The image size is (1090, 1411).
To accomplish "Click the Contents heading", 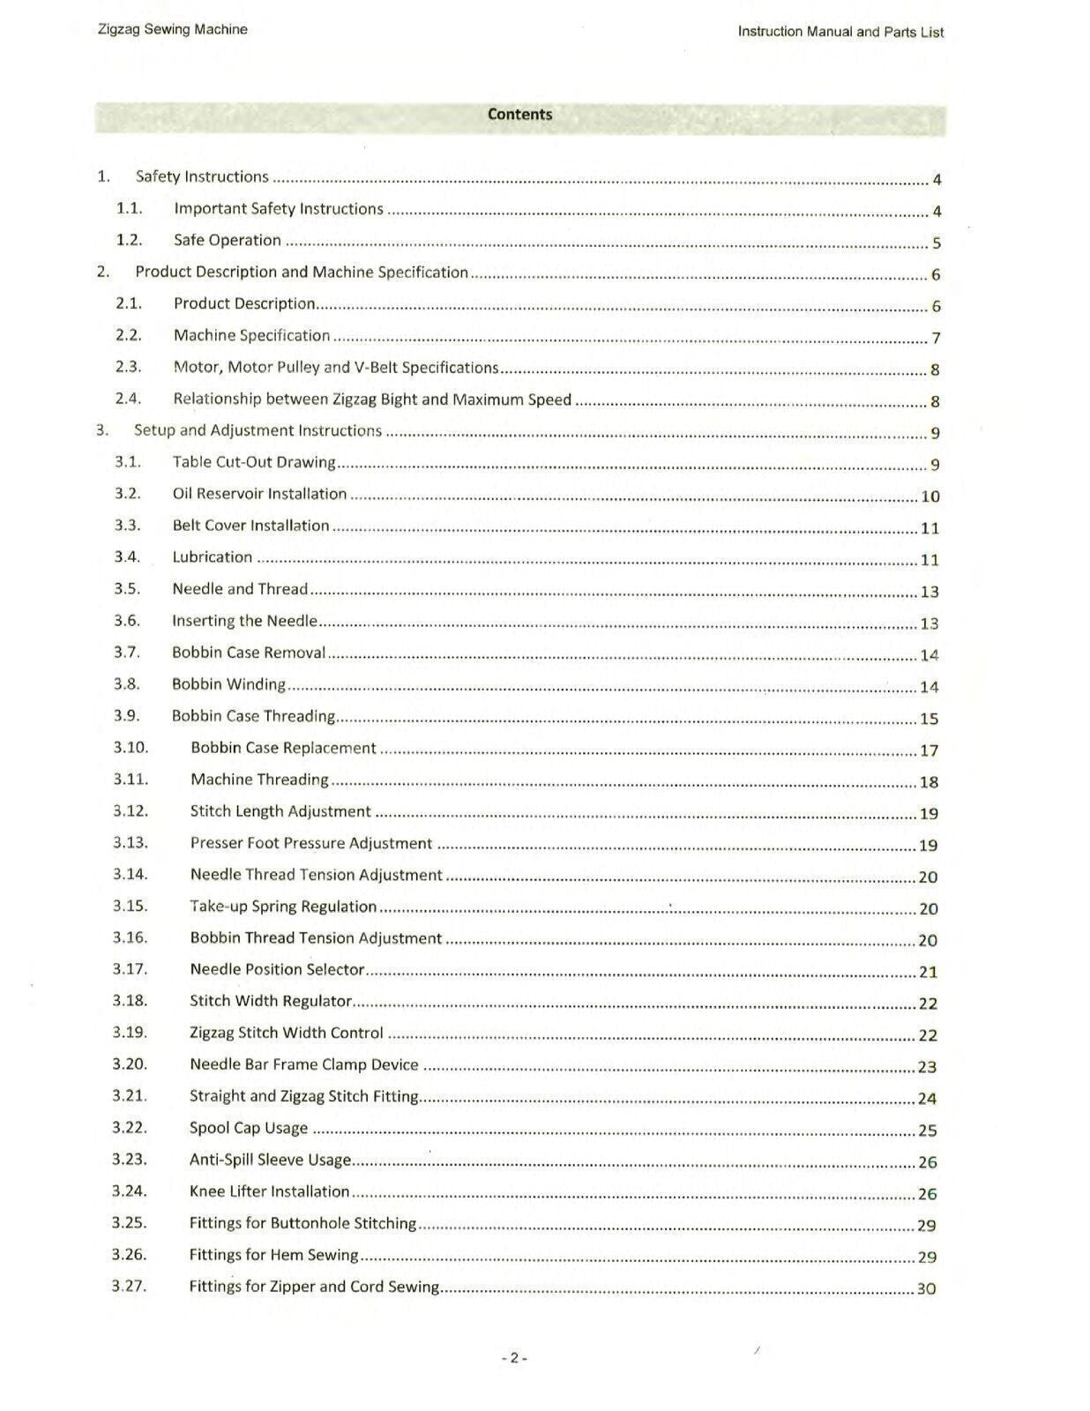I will click(519, 115).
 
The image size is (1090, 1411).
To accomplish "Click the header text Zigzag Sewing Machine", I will click(172, 30).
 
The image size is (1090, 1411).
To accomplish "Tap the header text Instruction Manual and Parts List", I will click(840, 33).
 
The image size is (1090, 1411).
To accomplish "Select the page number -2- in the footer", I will click(514, 1358).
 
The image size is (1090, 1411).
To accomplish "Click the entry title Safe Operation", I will click(228, 240).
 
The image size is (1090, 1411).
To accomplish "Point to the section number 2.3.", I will click(129, 367).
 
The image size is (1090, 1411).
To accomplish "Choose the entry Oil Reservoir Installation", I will click(259, 494).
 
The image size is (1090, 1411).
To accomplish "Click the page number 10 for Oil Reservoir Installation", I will click(929, 496).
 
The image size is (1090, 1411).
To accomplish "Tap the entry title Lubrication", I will click(213, 557).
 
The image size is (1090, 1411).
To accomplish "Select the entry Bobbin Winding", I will click(228, 684).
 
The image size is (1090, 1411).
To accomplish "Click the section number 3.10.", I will click(131, 748).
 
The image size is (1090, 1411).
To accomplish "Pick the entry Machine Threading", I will click(259, 780).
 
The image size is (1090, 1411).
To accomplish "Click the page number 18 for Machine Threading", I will click(929, 782).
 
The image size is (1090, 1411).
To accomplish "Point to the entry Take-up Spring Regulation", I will click(283, 907).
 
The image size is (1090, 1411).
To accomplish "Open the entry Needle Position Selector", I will click(277, 969).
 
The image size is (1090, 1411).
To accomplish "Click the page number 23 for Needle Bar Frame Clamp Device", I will click(927, 1067).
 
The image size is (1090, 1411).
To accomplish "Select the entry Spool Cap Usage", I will click(249, 1128).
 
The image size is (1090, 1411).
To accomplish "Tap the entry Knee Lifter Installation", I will click(269, 1191).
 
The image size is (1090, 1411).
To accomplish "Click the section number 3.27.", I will click(129, 1286).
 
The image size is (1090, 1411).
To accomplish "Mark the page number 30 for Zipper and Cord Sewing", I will click(926, 1288).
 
